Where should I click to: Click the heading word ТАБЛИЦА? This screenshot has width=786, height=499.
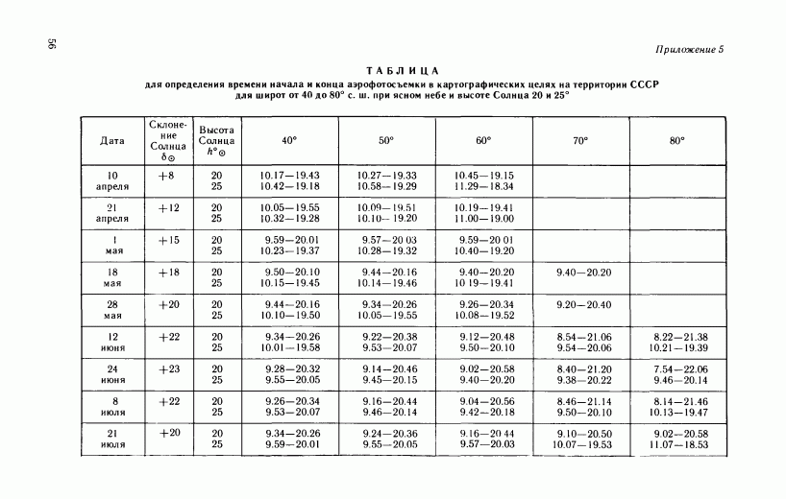[403, 70]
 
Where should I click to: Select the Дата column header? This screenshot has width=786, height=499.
[112, 140]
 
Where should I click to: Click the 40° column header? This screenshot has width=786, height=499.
[289, 140]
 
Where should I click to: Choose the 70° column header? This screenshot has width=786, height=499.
[579, 140]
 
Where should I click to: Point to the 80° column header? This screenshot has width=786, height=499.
[677, 140]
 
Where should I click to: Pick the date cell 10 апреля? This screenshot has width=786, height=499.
[112, 180]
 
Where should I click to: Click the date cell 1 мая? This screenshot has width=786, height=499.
[112, 245]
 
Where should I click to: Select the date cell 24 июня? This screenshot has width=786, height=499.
[112, 373]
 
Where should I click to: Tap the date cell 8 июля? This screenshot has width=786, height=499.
[112, 406]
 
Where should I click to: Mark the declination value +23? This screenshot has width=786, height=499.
[168, 368]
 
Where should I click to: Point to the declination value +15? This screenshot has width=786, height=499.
[168, 240]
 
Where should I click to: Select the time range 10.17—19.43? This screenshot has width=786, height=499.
[289, 176]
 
